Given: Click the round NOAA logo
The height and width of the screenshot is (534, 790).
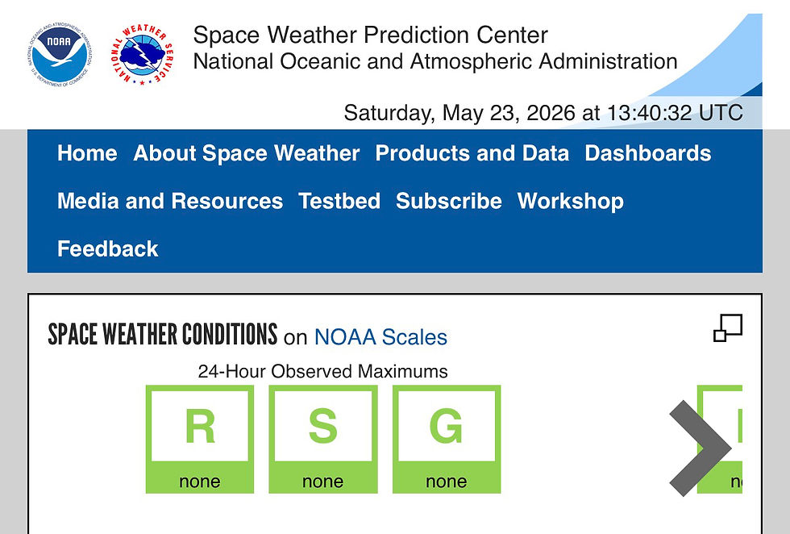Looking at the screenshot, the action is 60,53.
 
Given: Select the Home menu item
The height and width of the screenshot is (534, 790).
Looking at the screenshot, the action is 87,152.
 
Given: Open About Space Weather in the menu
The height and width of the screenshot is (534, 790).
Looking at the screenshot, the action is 247,152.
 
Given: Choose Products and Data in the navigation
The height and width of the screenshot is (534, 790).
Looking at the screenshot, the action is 472,152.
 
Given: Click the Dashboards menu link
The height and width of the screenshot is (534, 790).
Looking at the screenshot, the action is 648,152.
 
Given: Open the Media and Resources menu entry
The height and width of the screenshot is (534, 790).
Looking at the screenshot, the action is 170,201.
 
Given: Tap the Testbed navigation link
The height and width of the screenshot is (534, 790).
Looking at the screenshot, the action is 339,201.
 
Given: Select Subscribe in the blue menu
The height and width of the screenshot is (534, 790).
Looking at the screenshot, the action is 448,201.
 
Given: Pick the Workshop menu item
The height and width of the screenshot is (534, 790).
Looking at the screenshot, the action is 571,201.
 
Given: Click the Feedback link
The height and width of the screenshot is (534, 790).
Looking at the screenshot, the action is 108,248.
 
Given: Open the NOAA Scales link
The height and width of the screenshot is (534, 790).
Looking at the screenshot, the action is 380,337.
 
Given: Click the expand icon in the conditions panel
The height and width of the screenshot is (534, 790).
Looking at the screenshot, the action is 728,327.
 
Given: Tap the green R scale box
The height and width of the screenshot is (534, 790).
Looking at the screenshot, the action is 200,439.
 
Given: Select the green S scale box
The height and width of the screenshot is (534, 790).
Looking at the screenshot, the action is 323,439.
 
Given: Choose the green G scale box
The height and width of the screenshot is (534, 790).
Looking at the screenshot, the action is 447,439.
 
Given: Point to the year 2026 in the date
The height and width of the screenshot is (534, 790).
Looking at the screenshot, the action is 551,112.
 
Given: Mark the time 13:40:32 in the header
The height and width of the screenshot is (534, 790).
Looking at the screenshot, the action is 650,112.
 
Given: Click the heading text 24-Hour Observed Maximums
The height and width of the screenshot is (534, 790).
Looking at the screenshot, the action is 323,371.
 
